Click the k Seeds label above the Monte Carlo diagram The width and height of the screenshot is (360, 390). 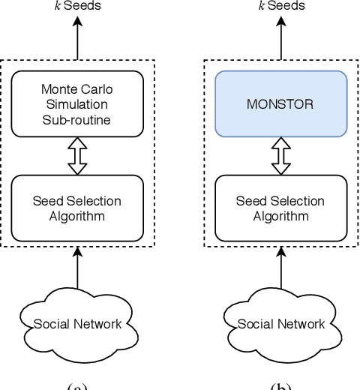click(79, 6)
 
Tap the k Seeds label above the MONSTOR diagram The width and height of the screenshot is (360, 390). click(282, 6)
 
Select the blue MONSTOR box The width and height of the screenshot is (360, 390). click(282, 104)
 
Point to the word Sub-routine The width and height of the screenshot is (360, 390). click(79, 118)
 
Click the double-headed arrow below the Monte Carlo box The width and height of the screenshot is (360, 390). click(79, 156)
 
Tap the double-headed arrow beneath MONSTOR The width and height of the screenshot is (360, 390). click(282, 156)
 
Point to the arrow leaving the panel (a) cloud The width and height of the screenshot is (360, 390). click(79, 274)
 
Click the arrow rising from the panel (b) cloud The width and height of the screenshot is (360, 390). click(282, 274)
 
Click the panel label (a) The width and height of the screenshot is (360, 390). click(79, 385)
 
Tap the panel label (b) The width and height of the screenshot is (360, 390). click(282, 385)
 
